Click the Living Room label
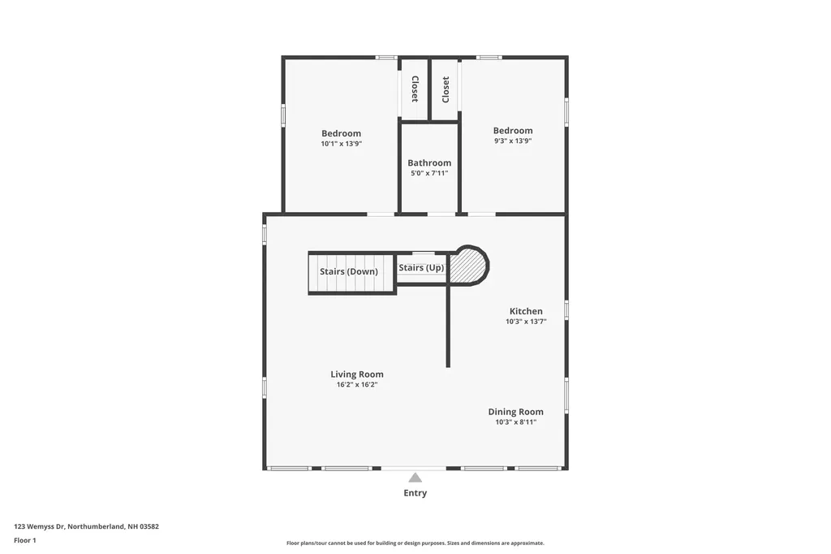coord(357,374)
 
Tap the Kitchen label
coord(526,311)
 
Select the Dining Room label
coord(515,412)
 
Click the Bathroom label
coord(429,162)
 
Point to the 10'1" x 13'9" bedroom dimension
coord(341,144)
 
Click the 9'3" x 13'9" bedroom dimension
coord(513,141)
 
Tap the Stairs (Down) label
coord(348,271)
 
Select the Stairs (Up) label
coord(421,267)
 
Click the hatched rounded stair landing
coord(468,266)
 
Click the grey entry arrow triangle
coord(415,478)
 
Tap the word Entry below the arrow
coord(415,493)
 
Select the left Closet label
coord(415,89)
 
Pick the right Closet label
coord(446,89)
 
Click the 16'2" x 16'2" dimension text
coord(357,385)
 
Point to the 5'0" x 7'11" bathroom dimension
coord(428,173)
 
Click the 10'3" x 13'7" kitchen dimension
coord(526,322)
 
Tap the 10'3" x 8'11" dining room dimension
coord(515,422)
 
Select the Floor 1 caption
coord(25,540)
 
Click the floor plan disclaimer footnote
coord(415,543)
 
